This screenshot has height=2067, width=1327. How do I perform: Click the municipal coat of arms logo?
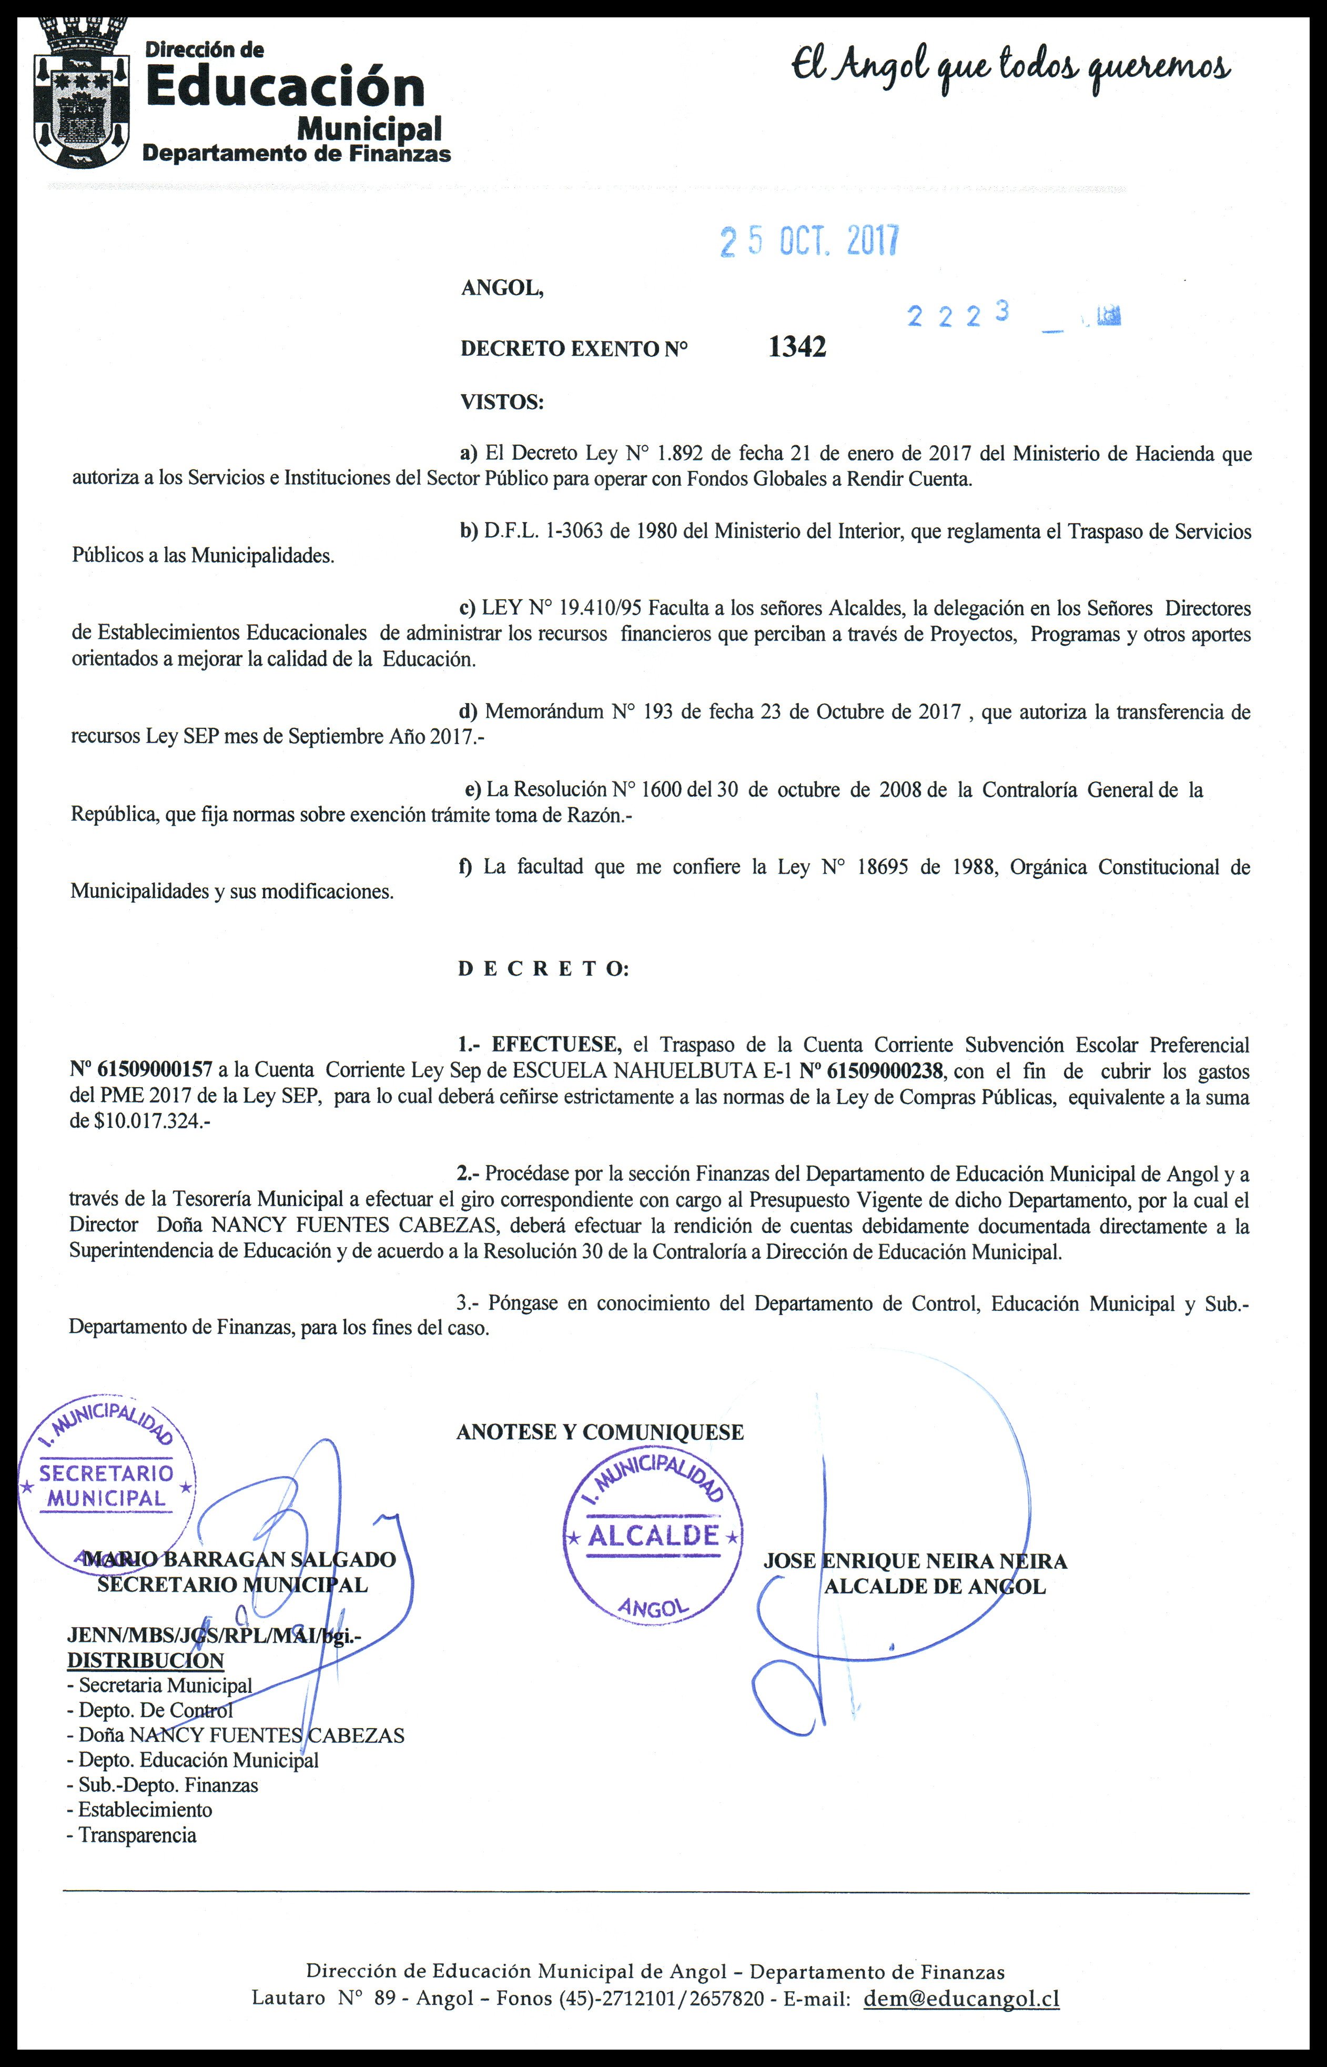[82, 95]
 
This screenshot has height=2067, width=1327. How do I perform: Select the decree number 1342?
[797, 346]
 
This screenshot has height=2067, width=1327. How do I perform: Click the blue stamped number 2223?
[957, 316]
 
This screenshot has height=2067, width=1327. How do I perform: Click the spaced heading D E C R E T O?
[543, 969]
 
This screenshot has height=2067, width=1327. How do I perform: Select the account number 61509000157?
[155, 1070]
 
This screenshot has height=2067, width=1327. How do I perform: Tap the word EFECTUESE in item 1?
[556, 1045]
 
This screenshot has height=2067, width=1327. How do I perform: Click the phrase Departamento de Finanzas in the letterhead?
[297, 154]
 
